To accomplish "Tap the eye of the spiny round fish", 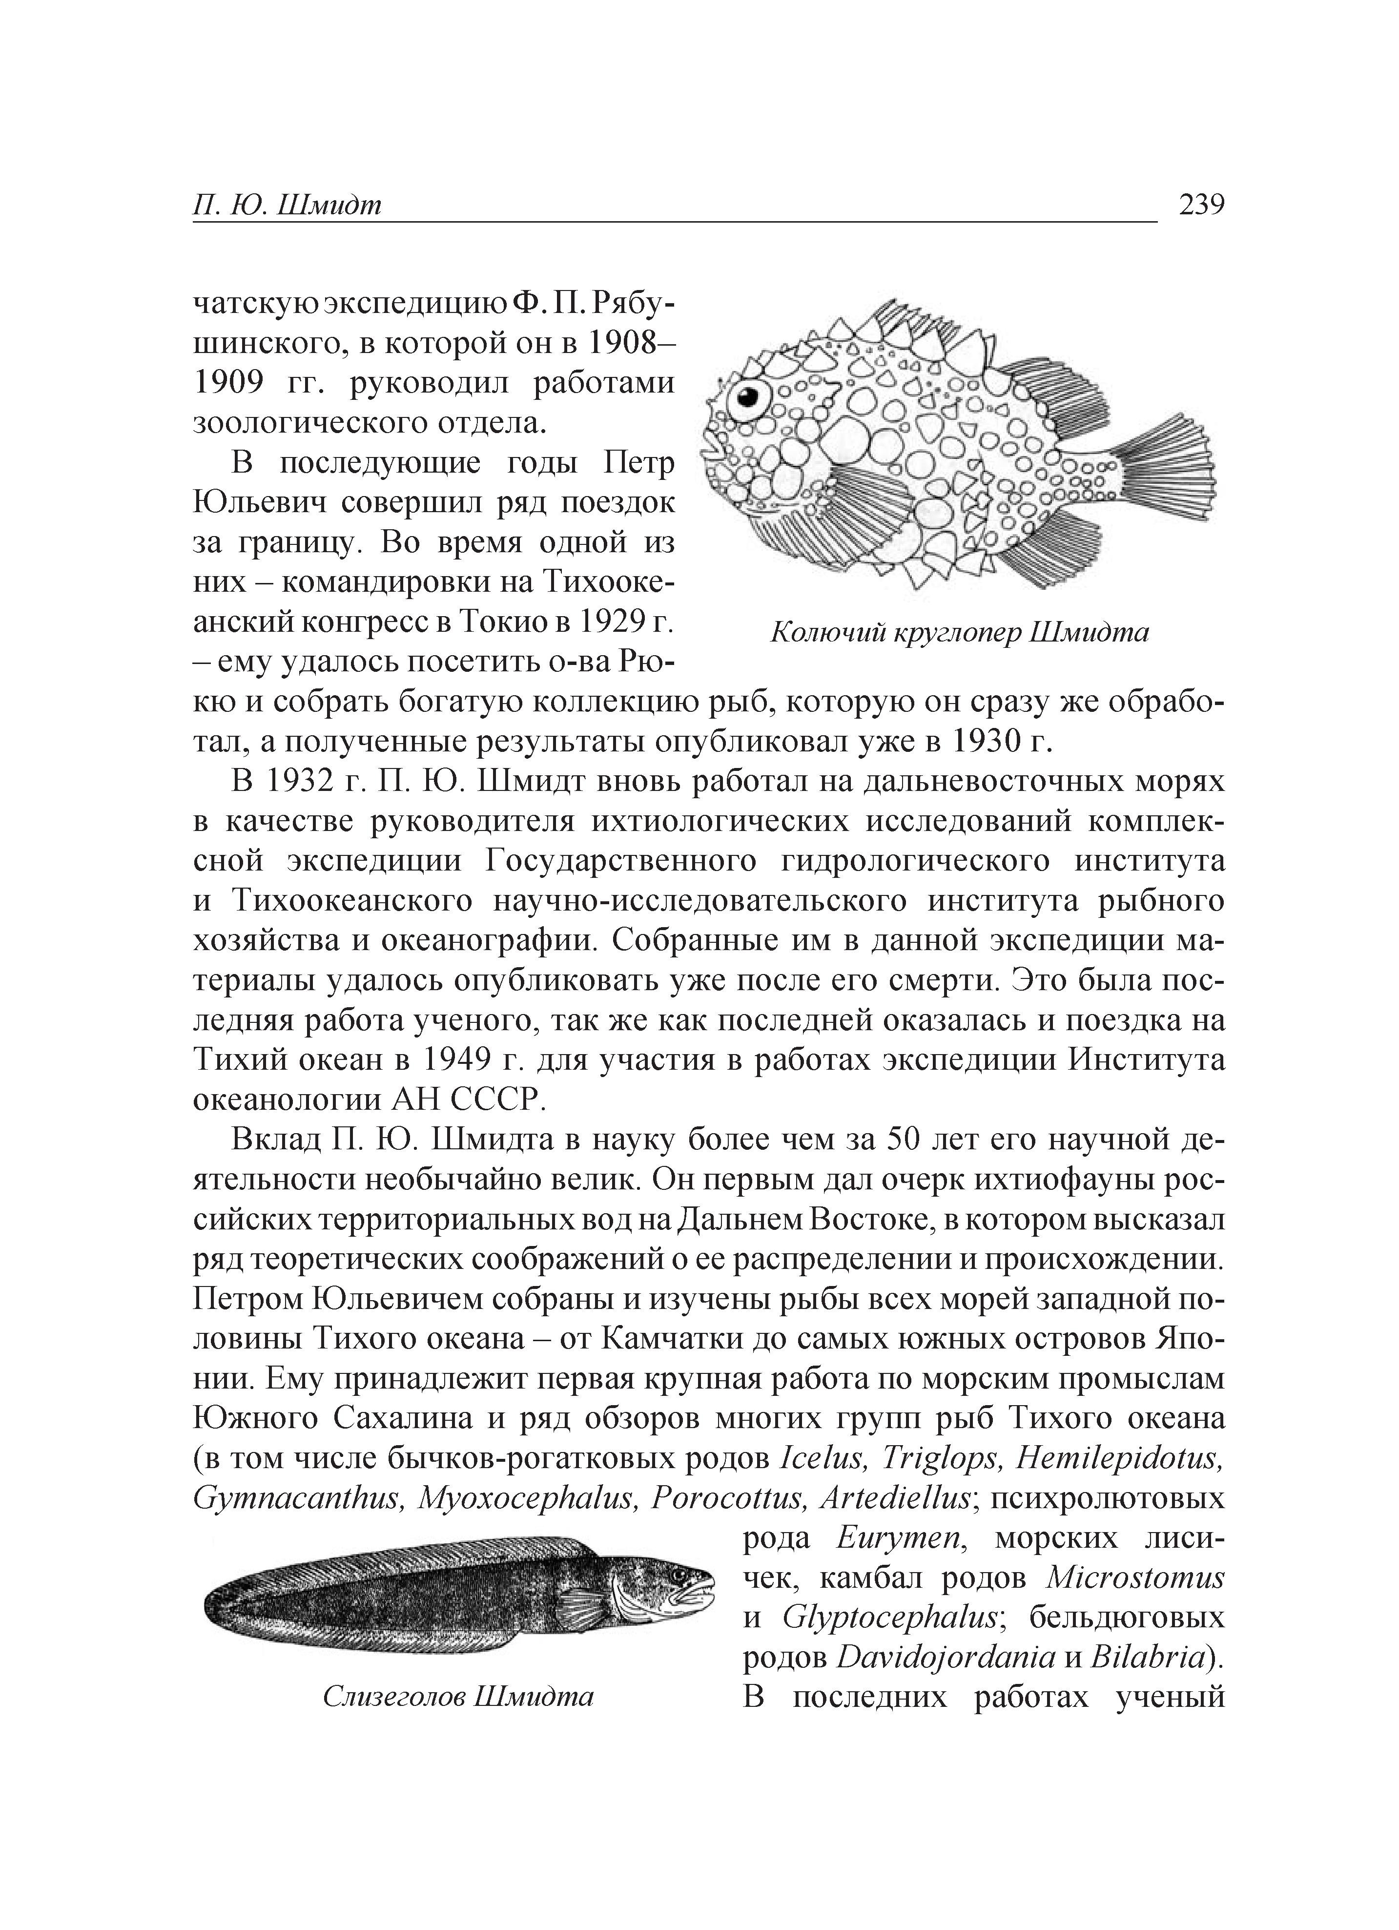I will (750, 397).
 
